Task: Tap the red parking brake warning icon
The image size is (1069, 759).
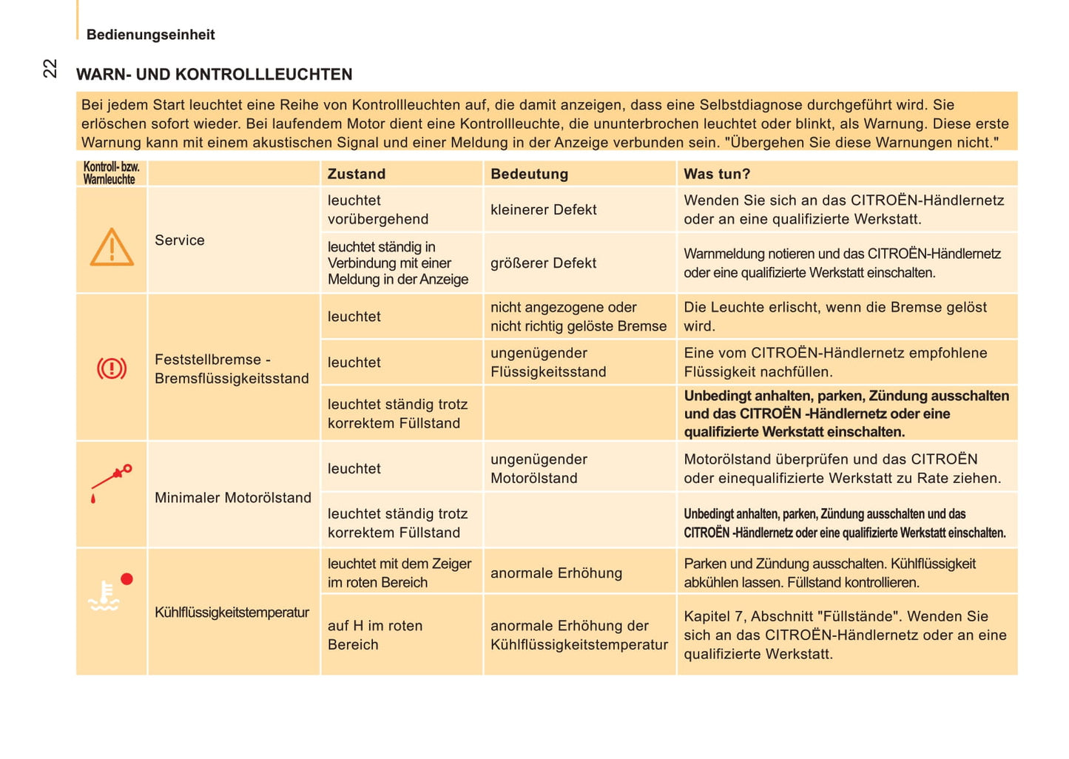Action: point(112,368)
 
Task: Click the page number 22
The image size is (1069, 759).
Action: point(50,68)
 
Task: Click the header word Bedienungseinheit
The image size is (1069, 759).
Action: point(150,35)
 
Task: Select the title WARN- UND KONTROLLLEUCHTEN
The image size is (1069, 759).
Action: point(214,74)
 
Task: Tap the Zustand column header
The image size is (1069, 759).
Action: point(357,174)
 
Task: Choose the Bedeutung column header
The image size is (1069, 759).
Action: point(529,174)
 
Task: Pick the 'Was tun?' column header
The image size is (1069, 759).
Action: point(716,174)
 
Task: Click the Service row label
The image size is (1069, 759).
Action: point(180,240)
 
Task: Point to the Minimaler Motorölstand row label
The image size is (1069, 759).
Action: point(233,498)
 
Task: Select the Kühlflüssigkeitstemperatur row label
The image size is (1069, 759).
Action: point(232,613)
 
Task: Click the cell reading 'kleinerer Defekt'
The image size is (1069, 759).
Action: point(543,209)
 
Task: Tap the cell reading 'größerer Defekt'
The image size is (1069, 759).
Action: point(543,263)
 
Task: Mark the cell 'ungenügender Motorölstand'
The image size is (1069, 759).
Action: point(539,468)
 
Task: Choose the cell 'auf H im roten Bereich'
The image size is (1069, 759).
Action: point(375,635)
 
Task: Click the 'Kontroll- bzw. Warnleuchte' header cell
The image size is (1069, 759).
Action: point(111,173)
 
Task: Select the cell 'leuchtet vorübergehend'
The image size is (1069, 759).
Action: point(378,209)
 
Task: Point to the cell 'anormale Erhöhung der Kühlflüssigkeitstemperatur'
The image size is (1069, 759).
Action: point(579,635)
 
